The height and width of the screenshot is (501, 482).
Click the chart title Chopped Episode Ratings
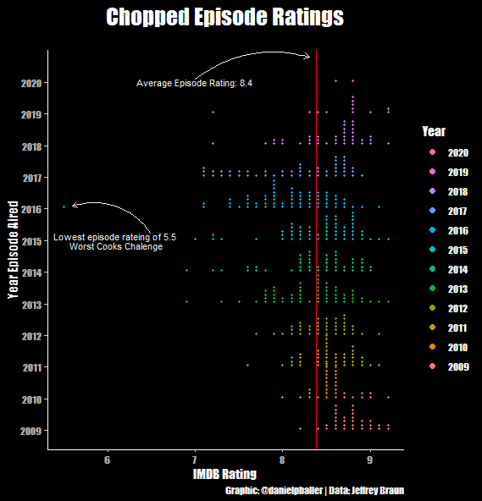click(225, 18)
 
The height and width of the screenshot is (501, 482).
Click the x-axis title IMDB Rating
click(225, 474)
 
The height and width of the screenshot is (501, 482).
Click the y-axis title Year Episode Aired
click(13, 250)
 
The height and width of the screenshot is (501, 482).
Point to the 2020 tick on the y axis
click(31, 83)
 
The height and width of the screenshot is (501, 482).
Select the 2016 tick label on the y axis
click(31, 209)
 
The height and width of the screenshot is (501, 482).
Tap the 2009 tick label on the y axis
click(31, 430)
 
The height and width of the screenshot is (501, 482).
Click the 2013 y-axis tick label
click(31, 304)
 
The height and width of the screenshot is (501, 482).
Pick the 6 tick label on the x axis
click(108, 460)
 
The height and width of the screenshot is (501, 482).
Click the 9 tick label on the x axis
click(370, 460)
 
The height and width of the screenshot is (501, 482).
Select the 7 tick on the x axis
click(196, 460)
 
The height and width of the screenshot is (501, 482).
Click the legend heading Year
click(434, 131)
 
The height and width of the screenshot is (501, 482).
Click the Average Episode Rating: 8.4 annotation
click(195, 83)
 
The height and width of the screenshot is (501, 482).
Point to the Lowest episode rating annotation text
click(115, 242)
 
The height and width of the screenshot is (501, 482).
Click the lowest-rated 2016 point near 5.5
click(64, 206)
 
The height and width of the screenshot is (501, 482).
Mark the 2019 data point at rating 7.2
click(213, 113)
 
